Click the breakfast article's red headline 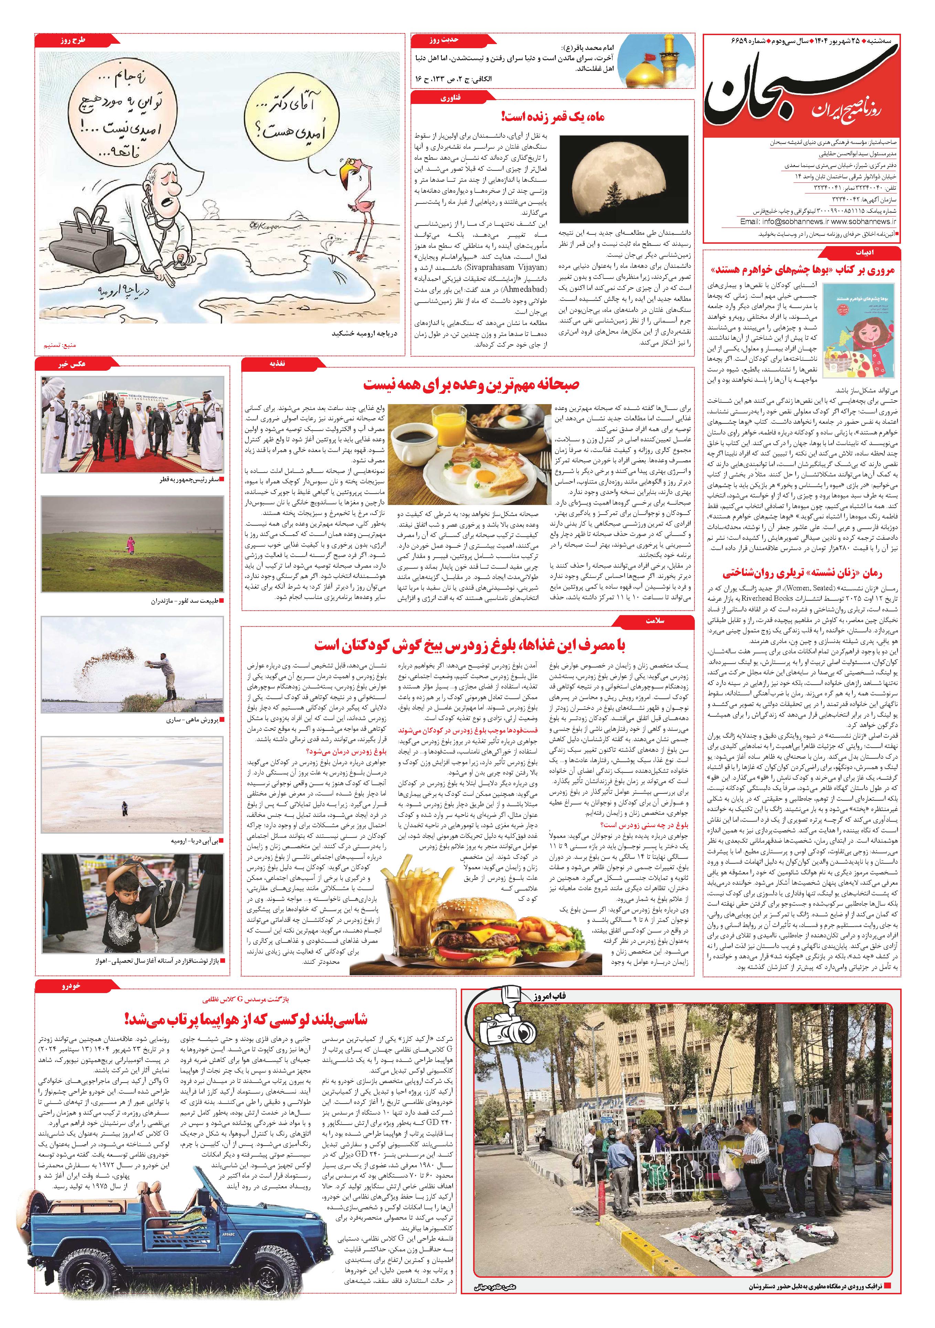coord(471,384)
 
